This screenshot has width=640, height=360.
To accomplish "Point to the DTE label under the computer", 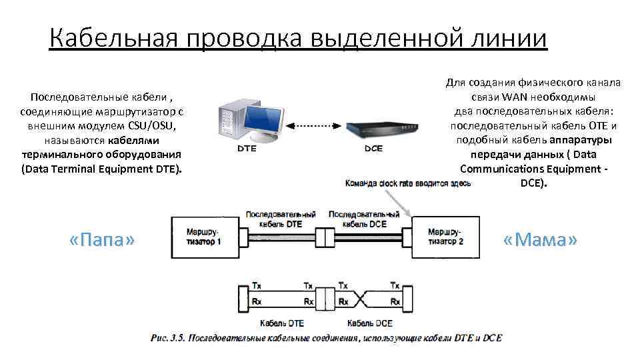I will pyautogui.click(x=246, y=149).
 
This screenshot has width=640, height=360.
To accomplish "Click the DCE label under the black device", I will pyautogui.click(x=374, y=149).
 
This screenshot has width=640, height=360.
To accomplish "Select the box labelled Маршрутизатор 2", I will pyautogui.click(x=441, y=237).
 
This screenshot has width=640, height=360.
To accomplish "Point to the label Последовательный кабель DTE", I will pyautogui.click(x=281, y=219).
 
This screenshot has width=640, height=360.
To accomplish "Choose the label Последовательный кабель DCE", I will pyautogui.click(x=364, y=219).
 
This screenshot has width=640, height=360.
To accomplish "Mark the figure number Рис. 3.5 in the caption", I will pyautogui.click(x=169, y=338).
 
